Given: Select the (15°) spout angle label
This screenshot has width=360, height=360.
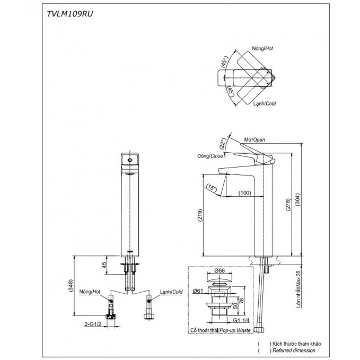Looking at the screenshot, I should click(212, 187).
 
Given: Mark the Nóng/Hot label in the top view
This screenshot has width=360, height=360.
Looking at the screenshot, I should click(261, 48).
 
